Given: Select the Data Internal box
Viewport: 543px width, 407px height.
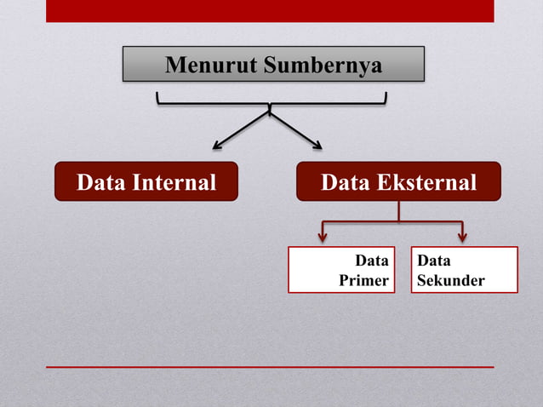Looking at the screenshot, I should tap(146, 181).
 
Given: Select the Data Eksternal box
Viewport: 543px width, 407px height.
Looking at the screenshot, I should tap(398, 181).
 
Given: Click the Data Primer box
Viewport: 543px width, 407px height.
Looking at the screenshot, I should tap(341, 270).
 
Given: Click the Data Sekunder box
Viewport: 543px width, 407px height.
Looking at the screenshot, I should tap(464, 270).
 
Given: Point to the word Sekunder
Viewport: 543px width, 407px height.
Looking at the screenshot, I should tap(451, 280).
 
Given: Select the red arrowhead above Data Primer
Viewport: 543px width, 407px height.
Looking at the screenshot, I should tap(323, 237).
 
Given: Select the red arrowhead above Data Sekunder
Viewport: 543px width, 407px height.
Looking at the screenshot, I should tap(462, 237).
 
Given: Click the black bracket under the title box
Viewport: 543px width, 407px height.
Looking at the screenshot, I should tap(271, 103).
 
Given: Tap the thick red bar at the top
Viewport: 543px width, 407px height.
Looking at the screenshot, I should tap(270, 10).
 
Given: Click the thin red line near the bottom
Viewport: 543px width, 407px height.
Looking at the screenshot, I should tap(270, 367).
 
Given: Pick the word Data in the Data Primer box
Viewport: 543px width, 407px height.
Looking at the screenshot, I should tap(372, 261).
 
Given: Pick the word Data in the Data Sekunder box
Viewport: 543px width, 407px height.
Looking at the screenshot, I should tap(434, 261).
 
